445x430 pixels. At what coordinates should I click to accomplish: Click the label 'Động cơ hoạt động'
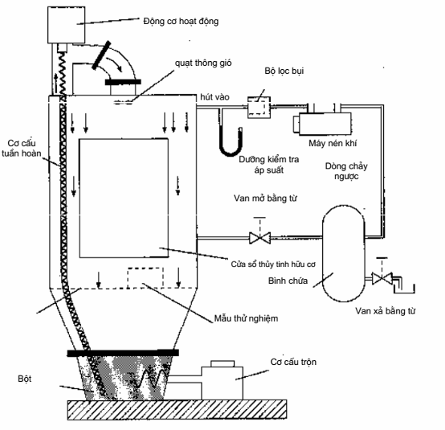[181, 22]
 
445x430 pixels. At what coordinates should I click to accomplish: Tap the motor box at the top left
[66, 25]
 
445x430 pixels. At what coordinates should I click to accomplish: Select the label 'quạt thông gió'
[203, 63]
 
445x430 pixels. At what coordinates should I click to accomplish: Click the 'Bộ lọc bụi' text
[284, 71]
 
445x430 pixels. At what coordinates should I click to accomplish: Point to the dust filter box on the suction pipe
[259, 108]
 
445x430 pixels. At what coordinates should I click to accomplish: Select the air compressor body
[322, 123]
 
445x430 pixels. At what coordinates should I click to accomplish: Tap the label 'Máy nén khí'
[333, 143]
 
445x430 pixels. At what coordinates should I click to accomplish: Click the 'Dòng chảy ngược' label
[346, 171]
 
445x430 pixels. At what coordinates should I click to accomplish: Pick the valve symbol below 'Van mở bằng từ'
[259, 238]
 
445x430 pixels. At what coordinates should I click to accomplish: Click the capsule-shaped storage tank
[344, 253]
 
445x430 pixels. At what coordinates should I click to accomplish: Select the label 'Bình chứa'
[288, 281]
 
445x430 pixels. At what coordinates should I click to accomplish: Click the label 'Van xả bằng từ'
[385, 311]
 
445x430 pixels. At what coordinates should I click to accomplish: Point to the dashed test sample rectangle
[145, 278]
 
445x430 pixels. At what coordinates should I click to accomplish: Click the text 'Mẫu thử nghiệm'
[246, 318]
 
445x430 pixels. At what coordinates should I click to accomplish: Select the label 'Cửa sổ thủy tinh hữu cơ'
[273, 264]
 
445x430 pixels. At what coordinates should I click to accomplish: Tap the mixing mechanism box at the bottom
[222, 381]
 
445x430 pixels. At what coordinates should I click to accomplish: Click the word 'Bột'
[24, 379]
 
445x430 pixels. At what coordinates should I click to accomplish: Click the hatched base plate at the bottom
[177, 409]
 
